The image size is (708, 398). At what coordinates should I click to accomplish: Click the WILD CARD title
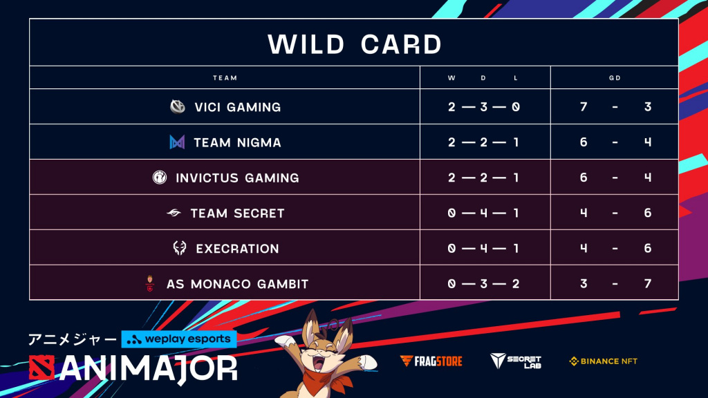coord(355,44)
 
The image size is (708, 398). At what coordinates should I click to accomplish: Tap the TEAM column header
coord(225,78)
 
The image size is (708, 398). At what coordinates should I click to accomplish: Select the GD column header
coord(615,78)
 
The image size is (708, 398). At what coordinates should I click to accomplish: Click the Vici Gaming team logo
coord(178,107)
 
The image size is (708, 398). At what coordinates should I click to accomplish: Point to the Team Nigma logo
coord(177,142)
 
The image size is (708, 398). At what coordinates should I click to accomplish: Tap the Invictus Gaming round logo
coord(160,178)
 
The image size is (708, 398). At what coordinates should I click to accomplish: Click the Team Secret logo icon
coord(174,213)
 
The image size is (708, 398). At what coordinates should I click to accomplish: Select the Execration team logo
coord(180,248)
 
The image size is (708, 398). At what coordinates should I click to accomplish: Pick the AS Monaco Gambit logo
coord(150,283)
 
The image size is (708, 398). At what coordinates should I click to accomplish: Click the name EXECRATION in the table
coord(238,249)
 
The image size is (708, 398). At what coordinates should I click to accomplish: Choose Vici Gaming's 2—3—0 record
coord(483,107)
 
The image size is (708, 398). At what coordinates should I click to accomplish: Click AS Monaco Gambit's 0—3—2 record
coord(483,284)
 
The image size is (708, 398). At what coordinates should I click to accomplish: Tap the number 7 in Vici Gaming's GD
coord(584,107)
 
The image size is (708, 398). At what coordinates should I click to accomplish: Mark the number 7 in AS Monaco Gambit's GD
coord(647,284)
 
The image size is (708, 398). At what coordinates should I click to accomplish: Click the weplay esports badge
coord(179,339)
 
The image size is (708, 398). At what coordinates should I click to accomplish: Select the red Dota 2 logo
coord(41,368)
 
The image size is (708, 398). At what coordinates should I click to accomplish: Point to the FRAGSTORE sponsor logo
coord(431,361)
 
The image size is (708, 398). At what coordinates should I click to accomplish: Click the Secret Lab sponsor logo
coord(516,361)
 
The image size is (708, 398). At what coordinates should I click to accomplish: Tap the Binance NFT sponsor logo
coord(603,361)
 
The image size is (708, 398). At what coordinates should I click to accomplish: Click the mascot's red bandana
coord(328,379)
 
